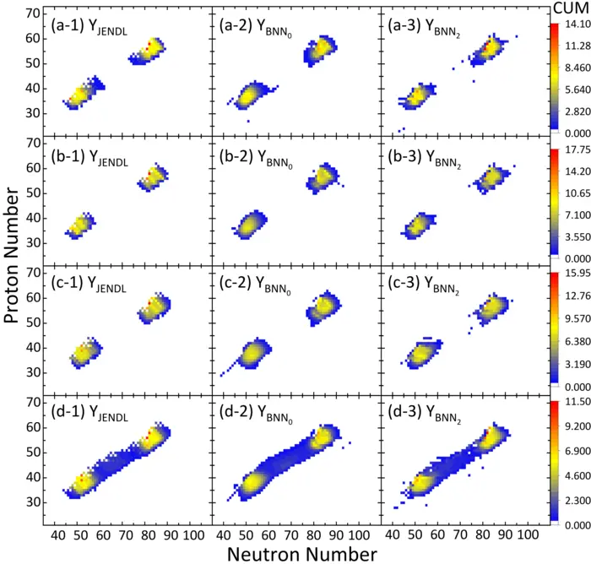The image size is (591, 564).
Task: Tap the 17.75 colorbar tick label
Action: click(572, 151)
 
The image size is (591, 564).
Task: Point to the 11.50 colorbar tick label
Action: click(572, 405)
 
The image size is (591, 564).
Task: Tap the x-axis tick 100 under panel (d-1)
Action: click(192, 535)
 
